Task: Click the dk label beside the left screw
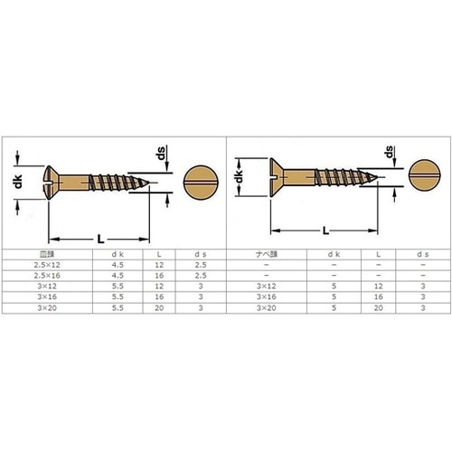click(18, 182)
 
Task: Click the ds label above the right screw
click(390, 152)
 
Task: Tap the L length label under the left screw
click(100, 240)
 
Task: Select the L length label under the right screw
click(325, 231)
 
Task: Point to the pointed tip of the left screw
click(149, 183)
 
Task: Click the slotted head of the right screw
click(278, 177)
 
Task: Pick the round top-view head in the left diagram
click(201, 183)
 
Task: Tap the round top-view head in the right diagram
click(424, 175)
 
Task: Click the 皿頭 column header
click(47, 254)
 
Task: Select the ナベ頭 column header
click(267, 254)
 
